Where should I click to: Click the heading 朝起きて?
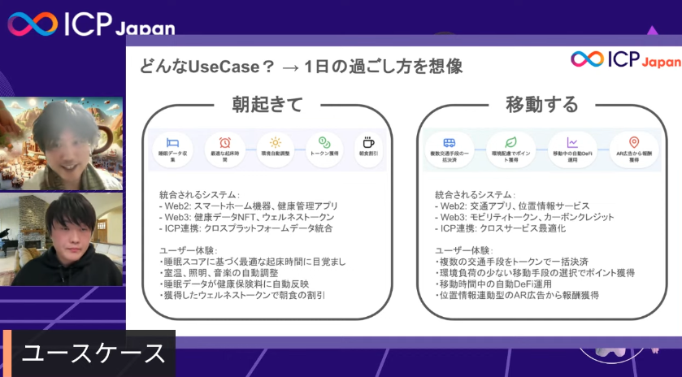267,104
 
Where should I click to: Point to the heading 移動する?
541,104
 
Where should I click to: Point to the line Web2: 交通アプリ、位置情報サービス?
512,206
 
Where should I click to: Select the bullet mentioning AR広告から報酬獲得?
518,296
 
